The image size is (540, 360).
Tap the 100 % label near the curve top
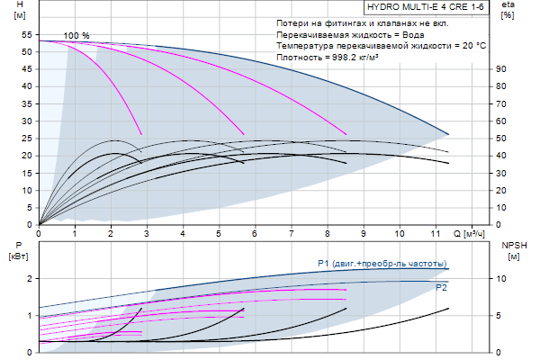pos(76,35)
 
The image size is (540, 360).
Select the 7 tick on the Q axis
pos(291,234)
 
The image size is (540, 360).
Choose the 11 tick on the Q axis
pos(436,234)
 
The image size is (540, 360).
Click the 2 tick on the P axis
pos(30,279)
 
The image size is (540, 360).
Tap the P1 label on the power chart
pos(323,263)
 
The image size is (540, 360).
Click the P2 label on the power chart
pos(441,287)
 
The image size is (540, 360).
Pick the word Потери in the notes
pos(293,22)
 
